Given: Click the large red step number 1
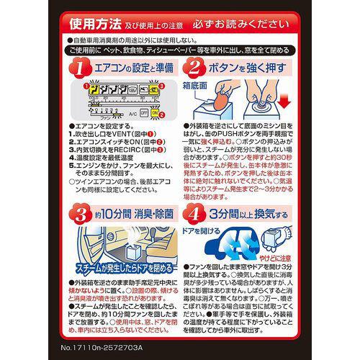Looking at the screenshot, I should coord(75,69).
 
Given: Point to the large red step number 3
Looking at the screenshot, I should coord(75,214).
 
